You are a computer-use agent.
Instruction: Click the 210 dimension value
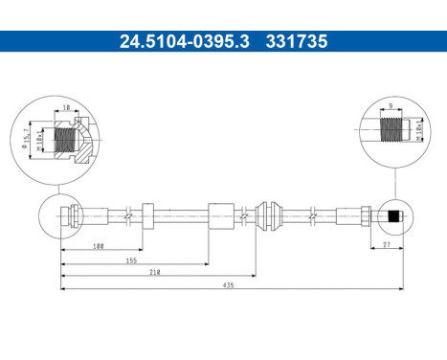pyautogui.click(x=154, y=272)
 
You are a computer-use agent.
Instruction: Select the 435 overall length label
pyautogui.click(x=228, y=284)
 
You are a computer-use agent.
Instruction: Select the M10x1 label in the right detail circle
pyautogui.click(x=419, y=126)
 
